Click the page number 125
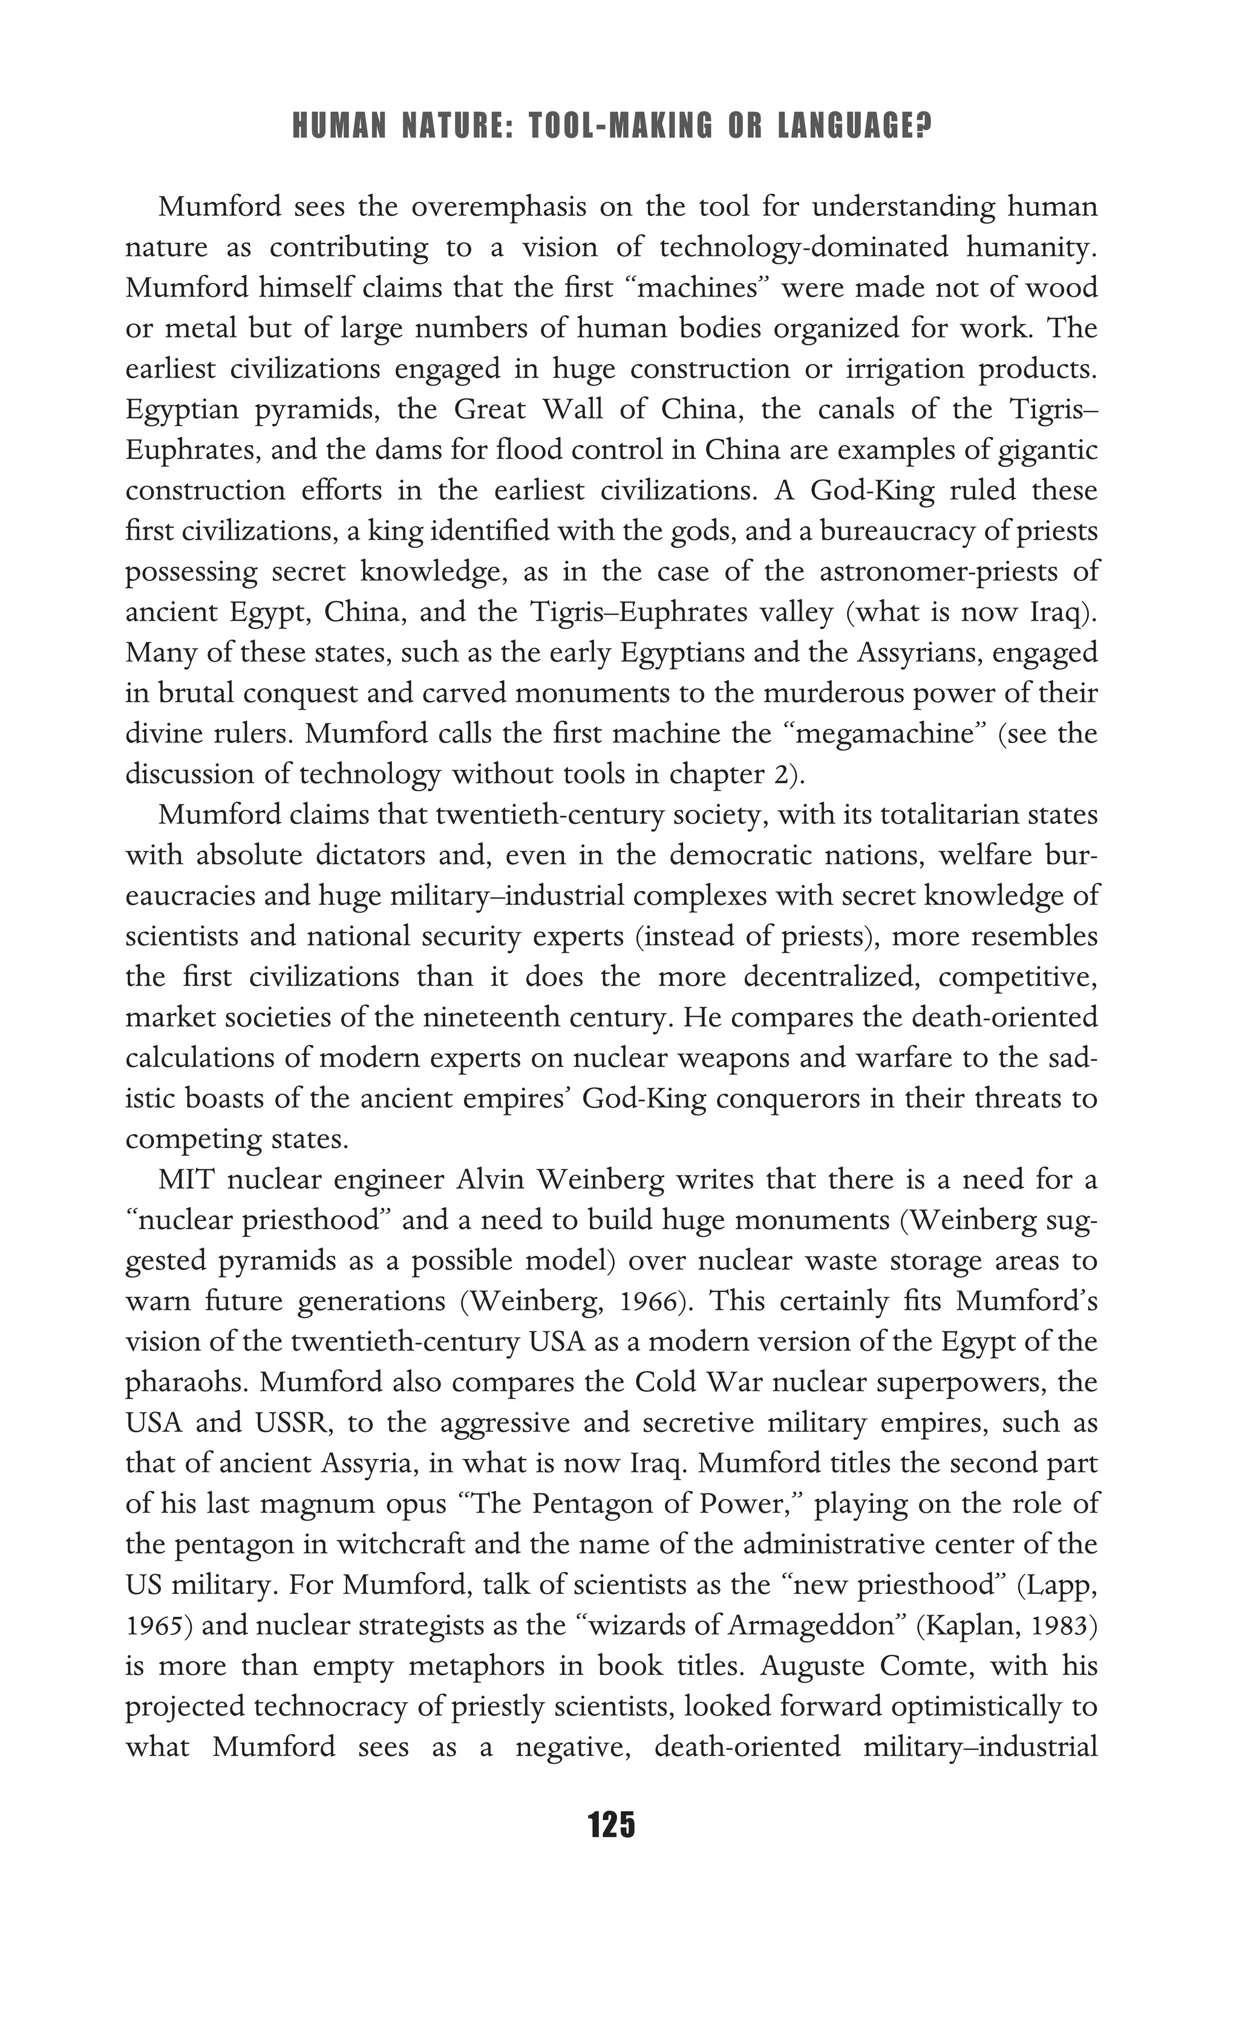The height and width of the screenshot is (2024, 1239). [x=612, y=1824]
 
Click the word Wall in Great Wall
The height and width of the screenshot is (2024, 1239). [x=580, y=409]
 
